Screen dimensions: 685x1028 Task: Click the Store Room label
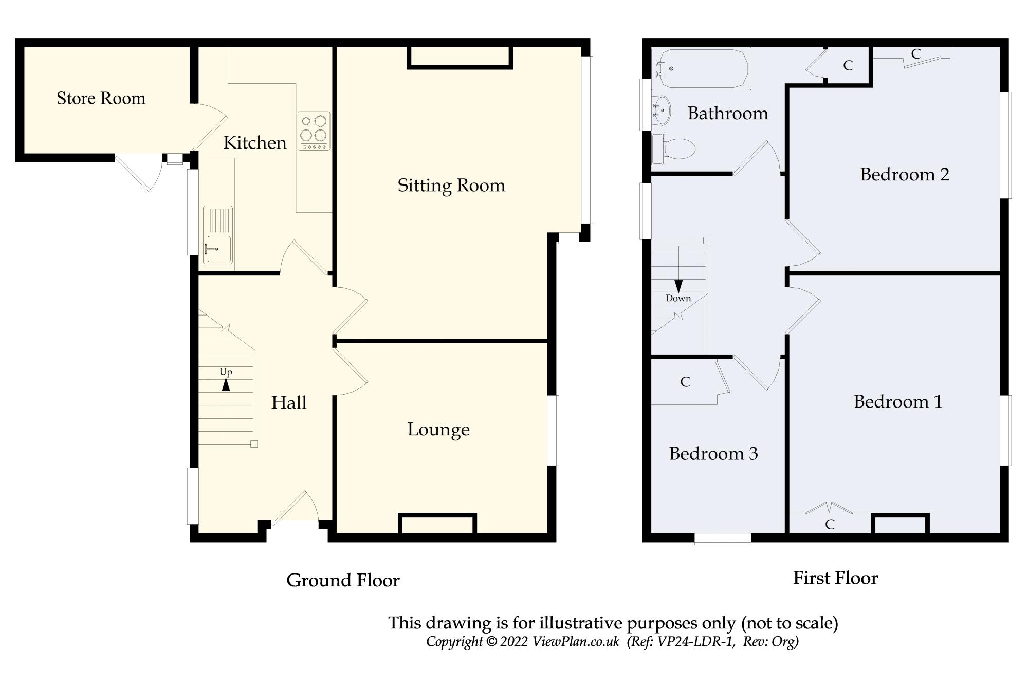(101, 98)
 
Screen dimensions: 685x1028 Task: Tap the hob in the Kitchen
(314, 131)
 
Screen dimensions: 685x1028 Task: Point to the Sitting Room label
(451, 186)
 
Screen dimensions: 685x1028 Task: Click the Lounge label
(438, 430)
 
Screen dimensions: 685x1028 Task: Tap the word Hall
(289, 402)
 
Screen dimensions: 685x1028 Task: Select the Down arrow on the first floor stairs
(678, 286)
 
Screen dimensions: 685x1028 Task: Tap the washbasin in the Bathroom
(661, 110)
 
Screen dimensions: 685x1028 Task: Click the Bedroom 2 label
(905, 175)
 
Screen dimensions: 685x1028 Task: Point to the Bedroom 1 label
(898, 402)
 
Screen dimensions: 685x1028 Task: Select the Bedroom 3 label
(713, 454)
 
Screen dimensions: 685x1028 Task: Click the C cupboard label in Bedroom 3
(685, 382)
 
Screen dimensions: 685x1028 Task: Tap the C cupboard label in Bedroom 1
(830, 524)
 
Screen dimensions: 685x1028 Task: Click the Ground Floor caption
(343, 580)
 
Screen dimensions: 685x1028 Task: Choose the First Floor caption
(835, 578)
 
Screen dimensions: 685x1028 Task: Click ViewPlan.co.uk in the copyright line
(576, 642)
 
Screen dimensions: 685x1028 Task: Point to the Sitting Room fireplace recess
(460, 57)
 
